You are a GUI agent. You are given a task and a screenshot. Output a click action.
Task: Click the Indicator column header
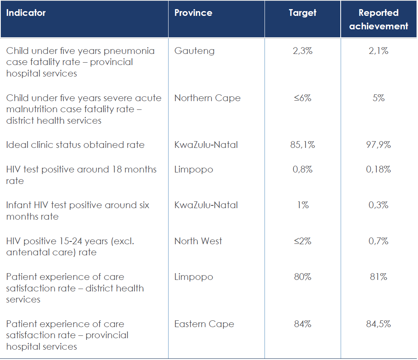point(26,13)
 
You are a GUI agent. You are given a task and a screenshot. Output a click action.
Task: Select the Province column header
point(193,13)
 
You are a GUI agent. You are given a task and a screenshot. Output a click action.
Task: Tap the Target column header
point(302,13)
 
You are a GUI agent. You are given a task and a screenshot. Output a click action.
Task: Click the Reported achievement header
point(378,19)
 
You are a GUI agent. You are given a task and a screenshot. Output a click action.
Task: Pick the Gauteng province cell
point(194,51)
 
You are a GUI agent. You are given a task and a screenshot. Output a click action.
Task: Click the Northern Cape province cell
point(207,98)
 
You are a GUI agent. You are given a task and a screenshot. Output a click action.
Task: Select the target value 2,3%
point(302,51)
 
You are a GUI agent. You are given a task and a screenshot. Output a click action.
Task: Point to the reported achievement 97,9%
point(378,145)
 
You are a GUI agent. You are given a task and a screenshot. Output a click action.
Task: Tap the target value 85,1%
point(302,145)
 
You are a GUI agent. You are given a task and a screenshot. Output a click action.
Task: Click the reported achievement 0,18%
point(378,169)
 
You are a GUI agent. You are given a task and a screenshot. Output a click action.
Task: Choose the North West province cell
point(198,241)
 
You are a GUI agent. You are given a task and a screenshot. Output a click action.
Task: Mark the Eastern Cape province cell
point(204,324)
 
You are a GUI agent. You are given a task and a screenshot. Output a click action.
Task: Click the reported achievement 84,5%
point(378,324)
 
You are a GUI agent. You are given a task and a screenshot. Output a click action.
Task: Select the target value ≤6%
point(302,98)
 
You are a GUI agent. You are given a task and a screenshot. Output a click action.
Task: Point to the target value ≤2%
point(302,241)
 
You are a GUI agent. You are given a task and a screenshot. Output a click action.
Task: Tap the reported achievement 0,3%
point(378,205)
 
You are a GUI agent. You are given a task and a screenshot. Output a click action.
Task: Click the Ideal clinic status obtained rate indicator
point(75,145)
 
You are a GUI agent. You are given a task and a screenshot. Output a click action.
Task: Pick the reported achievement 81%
point(378,277)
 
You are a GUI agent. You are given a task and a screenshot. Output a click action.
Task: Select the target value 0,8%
point(302,169)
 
